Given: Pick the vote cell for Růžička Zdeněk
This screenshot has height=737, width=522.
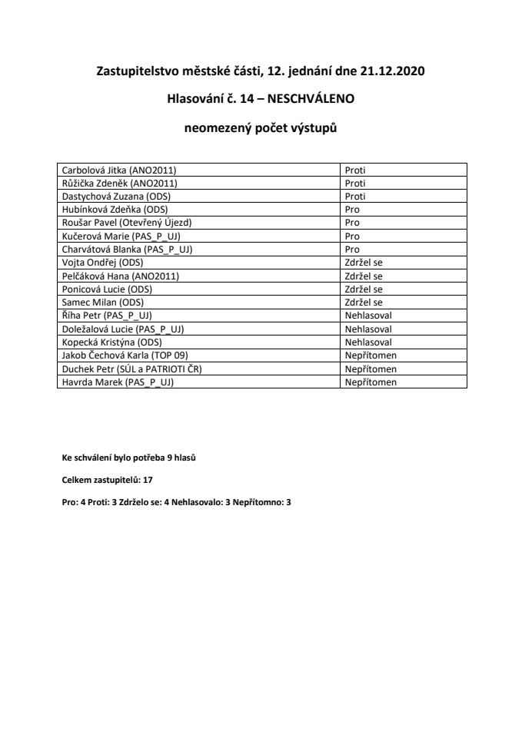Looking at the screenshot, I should click(x=355, y=183).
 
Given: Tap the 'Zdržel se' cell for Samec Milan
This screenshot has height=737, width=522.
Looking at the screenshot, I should click(x=364, y=302).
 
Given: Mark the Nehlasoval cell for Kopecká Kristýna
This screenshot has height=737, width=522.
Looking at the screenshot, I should click(x=369, y=342).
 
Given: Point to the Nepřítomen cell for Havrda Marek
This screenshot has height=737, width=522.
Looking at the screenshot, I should click(x=371, y=382).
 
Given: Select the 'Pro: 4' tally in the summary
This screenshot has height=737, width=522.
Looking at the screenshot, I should click(x=75, y=501).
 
